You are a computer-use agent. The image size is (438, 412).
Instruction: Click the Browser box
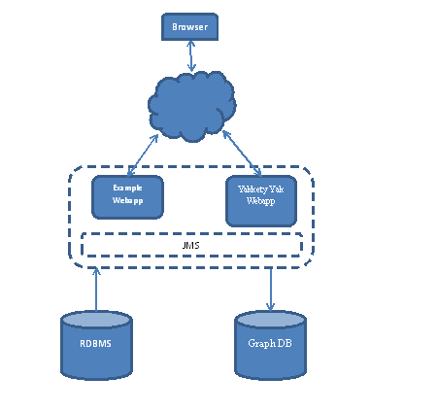[x=189, y=27]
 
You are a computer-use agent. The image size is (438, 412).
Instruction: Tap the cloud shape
[x=192, y=106]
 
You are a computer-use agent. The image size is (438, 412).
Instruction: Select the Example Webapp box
[x=127, y=197]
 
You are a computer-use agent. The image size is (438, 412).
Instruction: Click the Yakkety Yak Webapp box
[x=261, y=201]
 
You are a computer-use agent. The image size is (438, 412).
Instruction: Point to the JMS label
[x=190, y=245]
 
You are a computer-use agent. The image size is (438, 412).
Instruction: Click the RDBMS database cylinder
[x=96, y=345]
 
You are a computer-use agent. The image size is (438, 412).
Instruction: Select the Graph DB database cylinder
[x=270, y=345]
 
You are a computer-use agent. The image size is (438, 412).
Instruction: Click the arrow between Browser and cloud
[x=191, y=56]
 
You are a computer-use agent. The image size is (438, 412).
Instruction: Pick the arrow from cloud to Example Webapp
[x=143, y=155]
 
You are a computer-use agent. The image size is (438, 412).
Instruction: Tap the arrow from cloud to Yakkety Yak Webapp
[x=242, y=153]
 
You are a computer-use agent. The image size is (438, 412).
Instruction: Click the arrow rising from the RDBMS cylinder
[x=96, y=289]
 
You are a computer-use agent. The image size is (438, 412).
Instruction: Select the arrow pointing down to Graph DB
[x=270, y=290]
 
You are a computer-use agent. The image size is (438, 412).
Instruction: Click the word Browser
[x=189, y=27]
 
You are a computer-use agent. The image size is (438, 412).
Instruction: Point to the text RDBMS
[x=95, y=343]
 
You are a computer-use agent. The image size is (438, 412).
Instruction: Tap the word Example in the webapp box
[x=127, y=188]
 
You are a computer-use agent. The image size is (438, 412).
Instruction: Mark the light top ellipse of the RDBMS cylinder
[x=96, y=320]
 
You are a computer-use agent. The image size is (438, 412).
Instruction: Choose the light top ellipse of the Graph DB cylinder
[x=270, y=320]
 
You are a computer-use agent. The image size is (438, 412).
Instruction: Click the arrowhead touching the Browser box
[x=190, y=44]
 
